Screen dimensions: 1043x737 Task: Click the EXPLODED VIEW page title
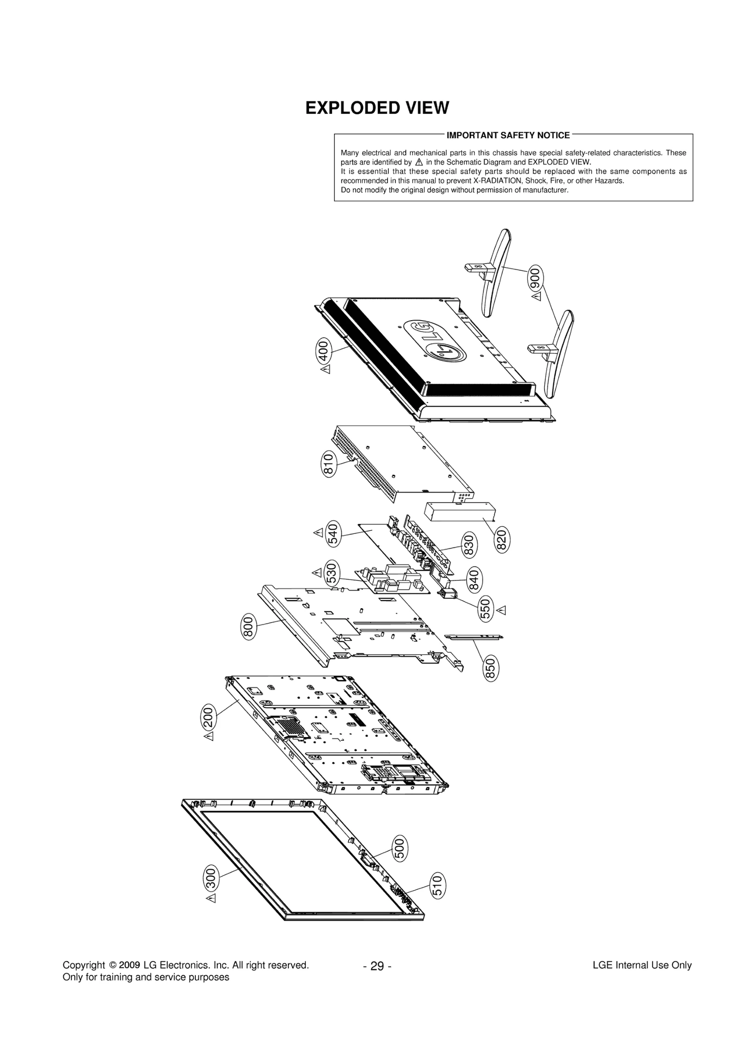[x=377, y=108]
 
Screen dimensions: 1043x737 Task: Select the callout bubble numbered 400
[x=323, y=351]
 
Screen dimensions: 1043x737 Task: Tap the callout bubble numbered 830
[x=469, y=545]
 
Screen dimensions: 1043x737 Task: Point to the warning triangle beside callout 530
[x=317, y=573]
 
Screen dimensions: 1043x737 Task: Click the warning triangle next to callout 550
[x=502, y=610]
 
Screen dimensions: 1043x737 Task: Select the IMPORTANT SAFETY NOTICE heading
[x=508, y=135]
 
